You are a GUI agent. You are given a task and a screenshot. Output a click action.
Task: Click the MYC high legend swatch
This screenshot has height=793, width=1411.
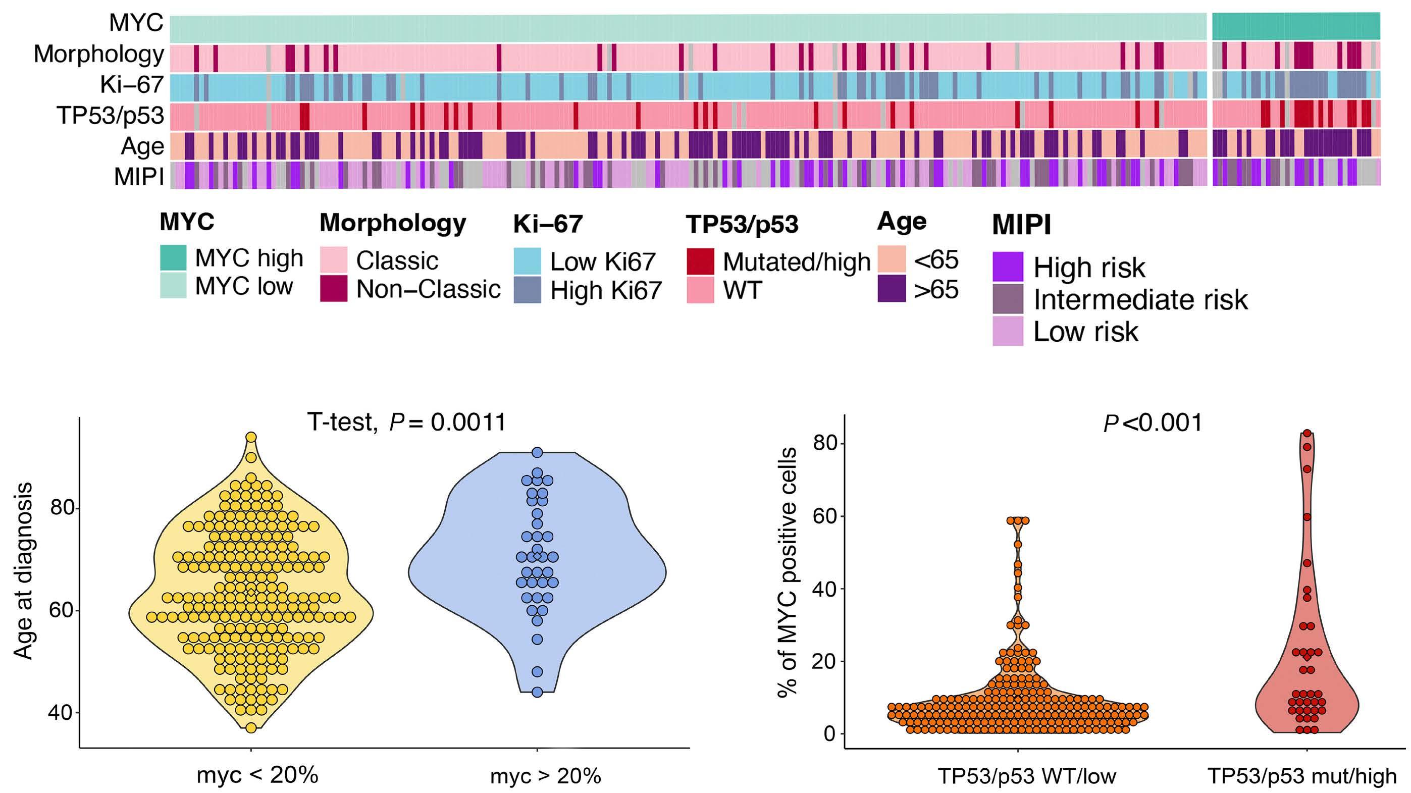click(173, 258)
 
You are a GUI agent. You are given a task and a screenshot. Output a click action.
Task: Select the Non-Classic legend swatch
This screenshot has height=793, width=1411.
click(334, 289)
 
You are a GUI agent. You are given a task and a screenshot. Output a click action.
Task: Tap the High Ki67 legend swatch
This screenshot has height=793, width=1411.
click(528, 290)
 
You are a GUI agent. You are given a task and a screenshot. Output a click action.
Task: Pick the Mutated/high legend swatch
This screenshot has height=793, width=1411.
click(700, 261)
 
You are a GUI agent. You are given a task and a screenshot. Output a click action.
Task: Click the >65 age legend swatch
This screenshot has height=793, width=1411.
click(891, 289)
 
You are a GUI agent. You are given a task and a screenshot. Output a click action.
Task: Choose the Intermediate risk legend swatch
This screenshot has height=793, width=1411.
click(1007, 299)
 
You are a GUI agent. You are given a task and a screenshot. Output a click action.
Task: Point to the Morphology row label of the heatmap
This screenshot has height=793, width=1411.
click(98, 54)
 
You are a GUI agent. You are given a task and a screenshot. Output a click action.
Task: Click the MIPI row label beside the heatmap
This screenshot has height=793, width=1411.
click(139, 176)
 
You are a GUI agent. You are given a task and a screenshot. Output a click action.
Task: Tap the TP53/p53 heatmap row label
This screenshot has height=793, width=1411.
click(110, 116)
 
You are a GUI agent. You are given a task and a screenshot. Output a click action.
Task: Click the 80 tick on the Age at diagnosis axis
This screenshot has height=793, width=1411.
click(63, 508)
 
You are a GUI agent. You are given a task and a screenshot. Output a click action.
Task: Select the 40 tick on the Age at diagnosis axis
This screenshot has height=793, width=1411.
click(63, 713)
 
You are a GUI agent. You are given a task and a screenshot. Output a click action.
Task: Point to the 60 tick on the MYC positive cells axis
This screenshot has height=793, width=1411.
click(825, 516)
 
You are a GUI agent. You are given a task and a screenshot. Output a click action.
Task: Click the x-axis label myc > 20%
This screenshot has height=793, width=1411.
click(545, 776)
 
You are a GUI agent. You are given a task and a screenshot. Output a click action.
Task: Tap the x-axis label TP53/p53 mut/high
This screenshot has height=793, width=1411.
click(1301, 776)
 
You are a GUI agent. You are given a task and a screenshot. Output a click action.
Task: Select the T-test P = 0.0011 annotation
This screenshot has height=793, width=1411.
click(406, 422)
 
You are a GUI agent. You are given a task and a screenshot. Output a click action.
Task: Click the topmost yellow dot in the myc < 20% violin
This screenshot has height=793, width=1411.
click(251, 437)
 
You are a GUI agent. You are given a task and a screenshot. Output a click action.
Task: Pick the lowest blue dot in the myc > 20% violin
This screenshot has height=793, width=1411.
click(537, 692)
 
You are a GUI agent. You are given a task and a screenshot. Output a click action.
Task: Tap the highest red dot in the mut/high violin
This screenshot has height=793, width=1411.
click(1307, 433)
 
